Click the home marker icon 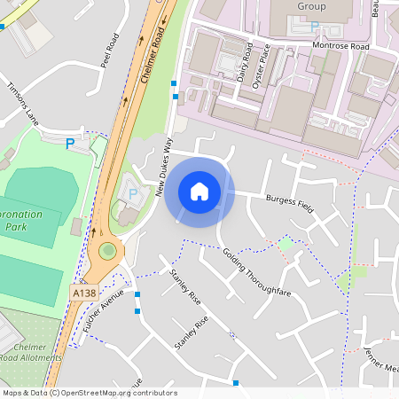pyautogui.click(x=199, y=192)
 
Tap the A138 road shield pyautogui.click(x=84, y=291)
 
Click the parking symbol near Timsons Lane pyautogui.click(x=70, y=143)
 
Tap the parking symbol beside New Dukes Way pyautogui.click(x=133, y=192)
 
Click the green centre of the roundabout pyautogui.click(x=108, y=251)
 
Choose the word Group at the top pyautogui.click(x=311, y=6)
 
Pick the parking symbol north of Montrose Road pyautogui.click(x=313, y=27)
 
